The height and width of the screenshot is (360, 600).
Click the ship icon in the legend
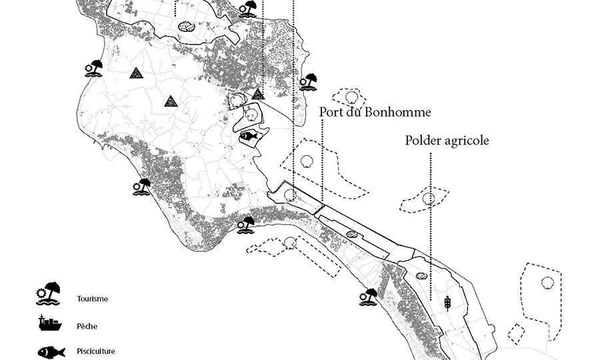(x=49, y=323)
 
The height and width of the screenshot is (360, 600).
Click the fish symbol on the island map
(x=248, y=137)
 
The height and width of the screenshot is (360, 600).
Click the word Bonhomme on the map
(x=393, y=112)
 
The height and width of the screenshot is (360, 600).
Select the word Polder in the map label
(x=423, y=141)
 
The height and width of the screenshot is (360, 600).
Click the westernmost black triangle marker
(x=136, y=73)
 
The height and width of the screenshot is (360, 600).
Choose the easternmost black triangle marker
(x=258, y=94)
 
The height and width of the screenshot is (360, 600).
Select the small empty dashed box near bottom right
(x=514, y=331)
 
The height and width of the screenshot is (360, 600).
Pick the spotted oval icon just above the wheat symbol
(x=421, y=275)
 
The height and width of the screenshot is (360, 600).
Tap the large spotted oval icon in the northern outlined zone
(x=187, y=27)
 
